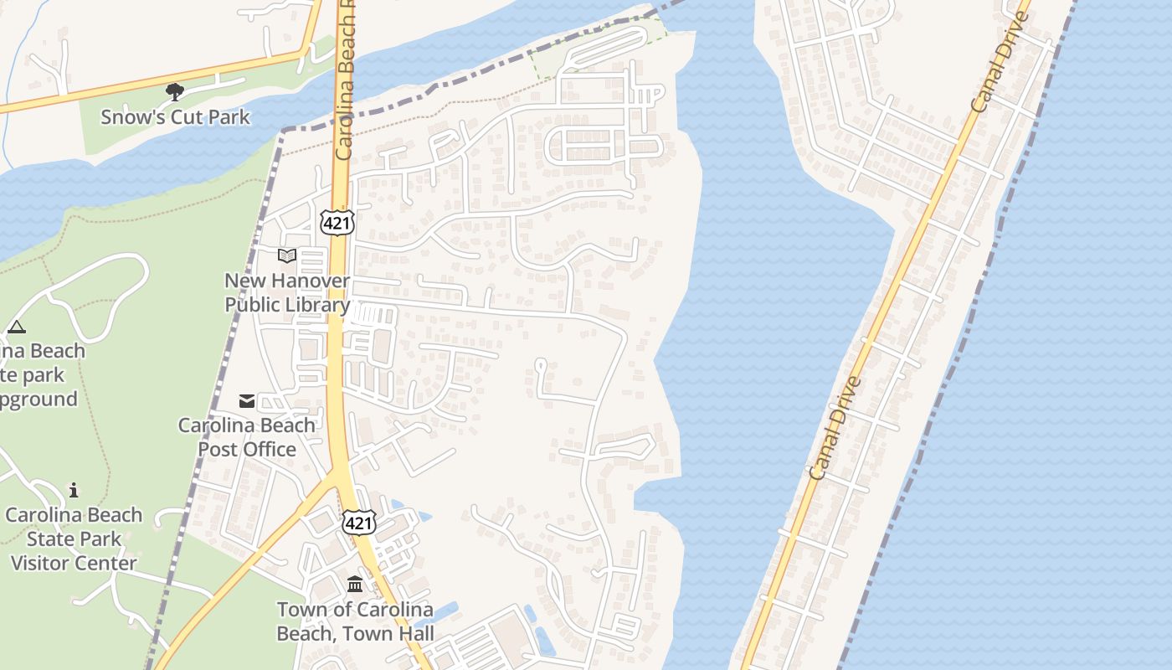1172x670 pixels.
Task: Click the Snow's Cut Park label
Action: [x=175, y=116]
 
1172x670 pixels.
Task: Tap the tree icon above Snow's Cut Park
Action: [x=175, y=91]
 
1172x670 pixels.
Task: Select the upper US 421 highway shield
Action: [x=337, y=222]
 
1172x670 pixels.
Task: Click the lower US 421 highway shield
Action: [x=358, y=523]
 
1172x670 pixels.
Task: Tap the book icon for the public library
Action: [x=287, y=255]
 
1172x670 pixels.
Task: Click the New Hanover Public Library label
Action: [x=287, y=292]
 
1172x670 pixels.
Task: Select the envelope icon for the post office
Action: [x=247, y=401]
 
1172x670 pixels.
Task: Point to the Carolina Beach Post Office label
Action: [x=247, y=436]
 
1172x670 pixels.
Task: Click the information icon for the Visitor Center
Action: [x=74, y=490]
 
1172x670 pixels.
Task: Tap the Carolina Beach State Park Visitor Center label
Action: [x=74, y=539]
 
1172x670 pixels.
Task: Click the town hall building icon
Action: [x=355, y=584]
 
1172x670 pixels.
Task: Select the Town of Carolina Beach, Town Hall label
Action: [x=355, y=621]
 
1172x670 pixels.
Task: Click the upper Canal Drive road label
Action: [x=1000, y=63]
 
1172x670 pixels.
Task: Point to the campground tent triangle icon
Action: [x=16, y=327]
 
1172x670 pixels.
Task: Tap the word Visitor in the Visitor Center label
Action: [x=47, y=563]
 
